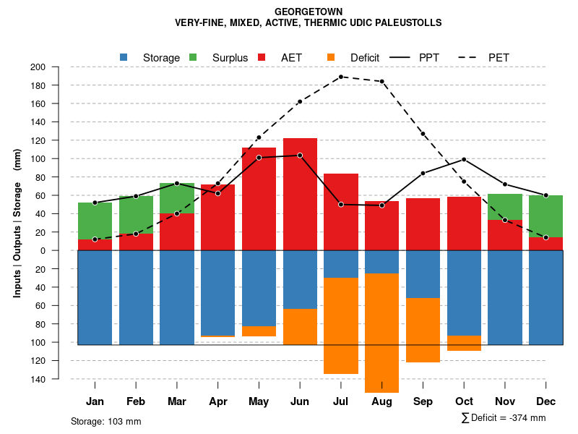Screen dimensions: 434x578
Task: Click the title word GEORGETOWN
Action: pyautogui.click(x=309, y=12)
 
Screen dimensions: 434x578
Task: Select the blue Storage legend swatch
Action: pyautogui.click(x=124, y=57)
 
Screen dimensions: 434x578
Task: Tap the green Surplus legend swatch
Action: pyautogui.click(x=193, y=57)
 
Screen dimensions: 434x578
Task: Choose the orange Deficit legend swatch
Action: pyautogui.click(x=331, y=57)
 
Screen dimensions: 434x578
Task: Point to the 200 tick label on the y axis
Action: pyautogui.click(x=38, y=67)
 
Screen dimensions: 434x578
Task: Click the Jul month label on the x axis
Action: pyautogui.click(x=340, y=401)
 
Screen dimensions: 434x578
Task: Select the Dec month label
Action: pyautogui.click(x=545, y=401)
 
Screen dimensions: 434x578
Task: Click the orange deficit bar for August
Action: pyautogui.click(x=381, y=333)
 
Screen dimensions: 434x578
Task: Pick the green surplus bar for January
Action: pyautogui.click(x=95, y=221)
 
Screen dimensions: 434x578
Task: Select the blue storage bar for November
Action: pyautogui.click(x=505, y=297)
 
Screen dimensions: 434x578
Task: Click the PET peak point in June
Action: pyautogui.click(x=340, y=77)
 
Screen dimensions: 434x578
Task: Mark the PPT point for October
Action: pyautogui.click(x=464, y=159)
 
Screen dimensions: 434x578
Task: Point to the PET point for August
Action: pyautogui.click(x=381, y=81)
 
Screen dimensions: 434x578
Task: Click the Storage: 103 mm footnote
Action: pyautogui.click(x=105, y=421)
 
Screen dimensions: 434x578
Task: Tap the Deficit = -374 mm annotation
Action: pyautogui.click(x=504, y=418)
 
